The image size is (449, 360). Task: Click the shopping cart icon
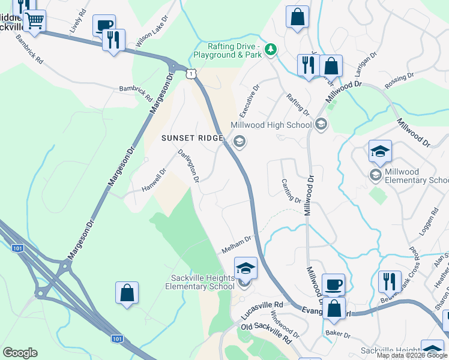click(x=34, y=21)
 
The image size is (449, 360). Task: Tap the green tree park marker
click(x=271, y=49)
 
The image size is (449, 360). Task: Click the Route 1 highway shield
click(x=190, y=73)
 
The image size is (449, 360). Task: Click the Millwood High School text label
click(x=271, y=125)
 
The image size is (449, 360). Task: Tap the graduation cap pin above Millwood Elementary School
click(x=380, y=152)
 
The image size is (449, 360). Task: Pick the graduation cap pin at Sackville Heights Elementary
click(x=246, y=268)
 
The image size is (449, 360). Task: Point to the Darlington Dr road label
click(x=188, y=166)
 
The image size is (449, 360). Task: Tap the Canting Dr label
click(x=291, y=190)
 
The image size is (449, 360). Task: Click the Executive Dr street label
click(x=250, y=101)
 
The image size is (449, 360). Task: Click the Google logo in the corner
click(x=20, y=353)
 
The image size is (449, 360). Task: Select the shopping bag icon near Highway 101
click(x=127, y=293)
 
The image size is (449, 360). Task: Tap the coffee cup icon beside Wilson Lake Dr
click(x=104, y=26)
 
